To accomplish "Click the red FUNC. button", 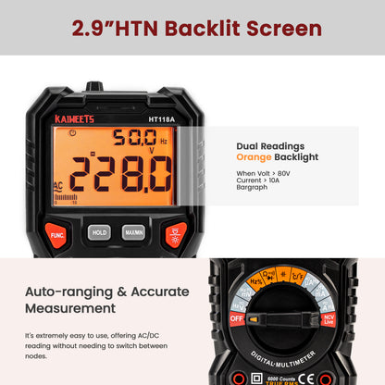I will (x=56, y=235).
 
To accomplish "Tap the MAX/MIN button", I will (x=133, y=232).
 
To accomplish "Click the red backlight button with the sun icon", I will (x=176, y=235).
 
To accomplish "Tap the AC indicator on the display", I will (x=59, y=185).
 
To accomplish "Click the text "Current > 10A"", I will (x=261, y=182).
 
